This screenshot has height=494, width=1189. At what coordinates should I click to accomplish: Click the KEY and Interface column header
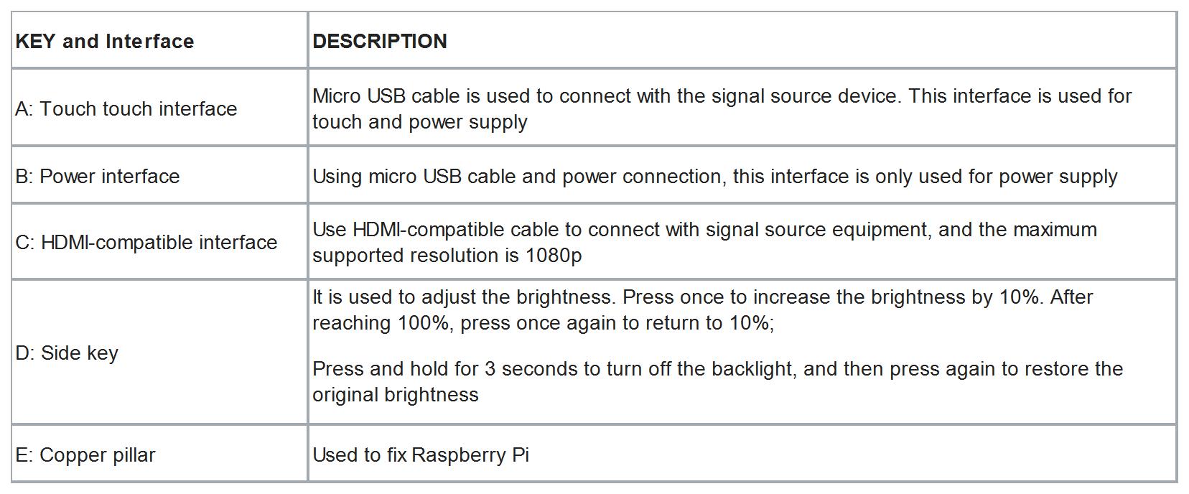(x=105, y=42)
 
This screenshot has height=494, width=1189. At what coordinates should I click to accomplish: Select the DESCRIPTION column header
(x=380, y=42)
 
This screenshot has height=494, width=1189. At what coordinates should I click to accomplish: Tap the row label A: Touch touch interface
(x=126, y=109)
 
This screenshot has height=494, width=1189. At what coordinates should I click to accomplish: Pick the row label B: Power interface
(x=98, y=177)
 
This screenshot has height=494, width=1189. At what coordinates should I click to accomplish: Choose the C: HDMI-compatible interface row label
(x=146, y=243)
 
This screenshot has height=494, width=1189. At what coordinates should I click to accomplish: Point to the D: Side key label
(x=67, y=353)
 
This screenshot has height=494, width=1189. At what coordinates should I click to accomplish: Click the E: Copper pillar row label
(x=85, y=455)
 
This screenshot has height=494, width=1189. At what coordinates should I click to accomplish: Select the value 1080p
(x=554, y=256)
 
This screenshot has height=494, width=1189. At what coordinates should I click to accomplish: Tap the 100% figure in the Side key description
(x=424, y=323)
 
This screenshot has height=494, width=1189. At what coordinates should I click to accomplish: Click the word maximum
(x=1055, y=230)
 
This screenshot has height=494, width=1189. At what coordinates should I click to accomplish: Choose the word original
(x=345, y=395)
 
